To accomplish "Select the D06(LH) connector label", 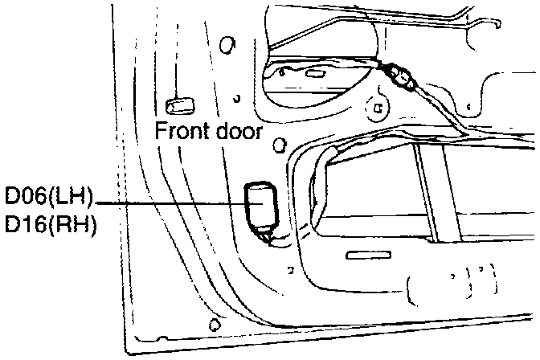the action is click(50, 197).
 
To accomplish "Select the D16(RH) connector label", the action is click(50, 226).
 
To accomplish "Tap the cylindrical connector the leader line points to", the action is click(261, 204).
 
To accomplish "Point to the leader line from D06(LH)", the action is click(169, 202).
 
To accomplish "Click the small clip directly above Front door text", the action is click(178, 105).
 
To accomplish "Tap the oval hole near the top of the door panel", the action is click(227, 43).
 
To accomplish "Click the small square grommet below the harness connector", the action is click(374, 104).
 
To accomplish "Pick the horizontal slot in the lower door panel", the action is click(366, 256).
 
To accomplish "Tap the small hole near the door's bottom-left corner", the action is click(213, 325).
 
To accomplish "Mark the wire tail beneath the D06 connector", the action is click(267, 235).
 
